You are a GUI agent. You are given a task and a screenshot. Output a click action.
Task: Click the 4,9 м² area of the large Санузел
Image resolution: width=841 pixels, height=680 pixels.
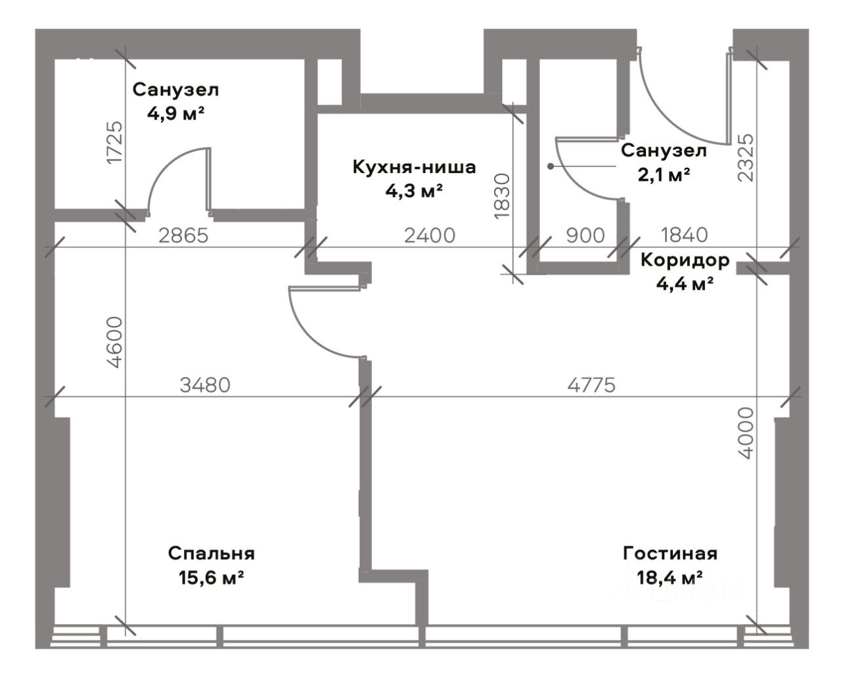click(x=175, y=114)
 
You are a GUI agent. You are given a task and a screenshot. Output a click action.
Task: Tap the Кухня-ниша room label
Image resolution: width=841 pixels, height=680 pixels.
click(x=414, y=167)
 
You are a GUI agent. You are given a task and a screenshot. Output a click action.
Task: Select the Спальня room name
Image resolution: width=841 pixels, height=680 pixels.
click(x=212, y=554)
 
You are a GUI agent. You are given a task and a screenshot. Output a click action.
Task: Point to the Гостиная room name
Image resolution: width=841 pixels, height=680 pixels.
click(x=670, y=554)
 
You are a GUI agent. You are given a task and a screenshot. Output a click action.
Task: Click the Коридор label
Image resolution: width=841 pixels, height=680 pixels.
click(x=685, y=260)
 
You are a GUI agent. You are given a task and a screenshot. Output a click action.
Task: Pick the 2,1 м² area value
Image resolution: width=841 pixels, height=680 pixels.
click(x=664, y=175)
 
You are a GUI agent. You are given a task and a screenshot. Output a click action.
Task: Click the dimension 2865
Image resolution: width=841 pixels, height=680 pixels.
click(x=183, y=235)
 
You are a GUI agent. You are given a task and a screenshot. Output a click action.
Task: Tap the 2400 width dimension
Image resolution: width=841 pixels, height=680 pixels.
click(x=430, y=235)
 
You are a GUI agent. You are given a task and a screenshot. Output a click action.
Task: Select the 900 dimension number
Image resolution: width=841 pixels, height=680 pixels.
click(x=585, y=235)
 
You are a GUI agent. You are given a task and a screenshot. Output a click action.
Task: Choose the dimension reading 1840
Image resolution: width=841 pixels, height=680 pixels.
click(x=684, y=235)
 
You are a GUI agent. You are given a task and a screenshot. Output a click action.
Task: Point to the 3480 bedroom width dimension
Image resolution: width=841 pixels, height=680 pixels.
click(x=205, y=385)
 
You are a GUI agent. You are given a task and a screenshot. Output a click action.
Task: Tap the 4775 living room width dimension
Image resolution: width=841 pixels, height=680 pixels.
click(x=591, y=385)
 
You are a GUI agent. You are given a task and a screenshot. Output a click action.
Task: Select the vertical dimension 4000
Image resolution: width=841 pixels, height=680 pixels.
click(x=746, y=433)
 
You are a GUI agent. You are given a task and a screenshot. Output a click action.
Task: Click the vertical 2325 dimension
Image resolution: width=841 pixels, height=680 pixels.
click(x=746, y=158)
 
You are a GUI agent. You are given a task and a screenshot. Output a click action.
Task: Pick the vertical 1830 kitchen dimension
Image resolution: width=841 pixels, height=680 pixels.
click(x=502, y=196)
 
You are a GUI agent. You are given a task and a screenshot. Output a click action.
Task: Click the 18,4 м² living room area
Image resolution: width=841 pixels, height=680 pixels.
click(x=670, y=578)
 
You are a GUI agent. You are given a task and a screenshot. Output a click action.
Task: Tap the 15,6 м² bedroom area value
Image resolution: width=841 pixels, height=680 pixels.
click(x=212, y=578)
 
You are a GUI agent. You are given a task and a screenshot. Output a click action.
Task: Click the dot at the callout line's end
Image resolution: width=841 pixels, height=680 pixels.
click(x=551, y=167)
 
